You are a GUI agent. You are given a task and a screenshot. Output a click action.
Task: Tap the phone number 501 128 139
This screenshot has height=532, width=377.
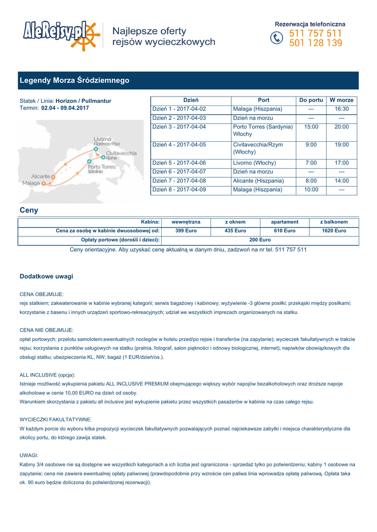[x=316, y=44]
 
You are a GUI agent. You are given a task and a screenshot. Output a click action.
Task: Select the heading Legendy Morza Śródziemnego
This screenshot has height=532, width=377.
[x=74, y=81]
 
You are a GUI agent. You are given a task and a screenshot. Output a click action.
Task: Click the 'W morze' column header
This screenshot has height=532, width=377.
[x=342, y=100]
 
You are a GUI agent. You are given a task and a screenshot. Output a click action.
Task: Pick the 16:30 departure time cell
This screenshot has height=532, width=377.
[x=342, y=109]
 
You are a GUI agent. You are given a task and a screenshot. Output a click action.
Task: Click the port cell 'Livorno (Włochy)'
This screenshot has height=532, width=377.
[x=255, y=163]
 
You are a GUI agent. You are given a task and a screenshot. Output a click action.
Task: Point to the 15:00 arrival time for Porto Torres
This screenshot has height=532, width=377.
[x=311, y=127]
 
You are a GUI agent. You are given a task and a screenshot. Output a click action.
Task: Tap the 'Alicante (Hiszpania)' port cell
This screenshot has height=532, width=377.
[x=258, y=181]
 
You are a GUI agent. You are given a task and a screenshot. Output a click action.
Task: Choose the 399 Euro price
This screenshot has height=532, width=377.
[x=186, y=231]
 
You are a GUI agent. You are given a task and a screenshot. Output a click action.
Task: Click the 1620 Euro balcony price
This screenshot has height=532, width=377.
[x=334, y=231]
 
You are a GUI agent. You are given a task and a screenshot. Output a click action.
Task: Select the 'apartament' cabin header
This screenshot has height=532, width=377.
[x=285, y=222]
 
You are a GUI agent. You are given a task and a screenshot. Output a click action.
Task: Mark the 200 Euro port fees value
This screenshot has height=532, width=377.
[x=260, y=240]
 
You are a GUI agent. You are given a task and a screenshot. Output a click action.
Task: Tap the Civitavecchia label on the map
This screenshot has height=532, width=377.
[x=121, y=153]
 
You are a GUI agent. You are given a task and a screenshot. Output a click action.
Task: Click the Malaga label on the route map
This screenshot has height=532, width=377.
[x=31, y=183]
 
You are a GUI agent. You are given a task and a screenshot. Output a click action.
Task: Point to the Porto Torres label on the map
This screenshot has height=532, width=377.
[x=101, y=167]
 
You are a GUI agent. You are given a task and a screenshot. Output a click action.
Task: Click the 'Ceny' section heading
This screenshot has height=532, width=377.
[x=29, y=210]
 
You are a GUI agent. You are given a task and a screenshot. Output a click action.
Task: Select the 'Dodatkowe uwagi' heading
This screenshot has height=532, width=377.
[x=46, y=276]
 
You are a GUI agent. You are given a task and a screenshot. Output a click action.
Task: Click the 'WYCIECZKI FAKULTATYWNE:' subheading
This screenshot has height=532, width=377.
[x=56, y=419]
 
